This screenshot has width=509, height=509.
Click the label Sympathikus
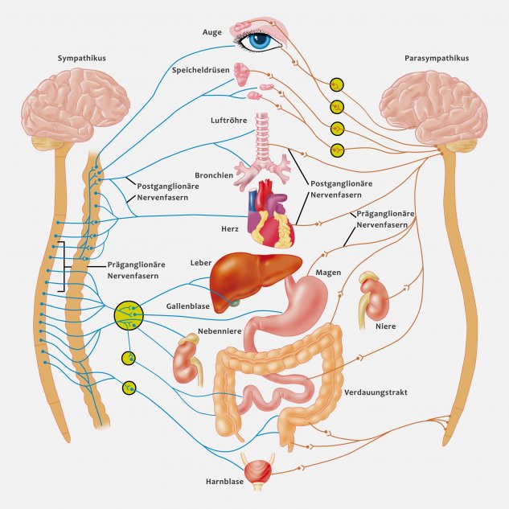click(82, 59)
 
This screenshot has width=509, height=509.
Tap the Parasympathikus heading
click(437, 59)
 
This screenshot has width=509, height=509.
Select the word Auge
click(212, 32)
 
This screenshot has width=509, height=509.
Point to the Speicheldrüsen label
click(200, 70)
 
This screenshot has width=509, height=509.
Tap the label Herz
click(230, 229)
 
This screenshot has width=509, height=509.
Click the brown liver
click(253, 279)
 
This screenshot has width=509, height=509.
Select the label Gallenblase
click(188, 306)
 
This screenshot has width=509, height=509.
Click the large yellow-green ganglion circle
click(129, 315)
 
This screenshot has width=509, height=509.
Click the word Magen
click(328, 273)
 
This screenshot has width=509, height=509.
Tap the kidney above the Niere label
click(374, 298)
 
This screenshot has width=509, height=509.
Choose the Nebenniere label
click(220, 331)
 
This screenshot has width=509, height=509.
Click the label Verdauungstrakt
click(376, 392)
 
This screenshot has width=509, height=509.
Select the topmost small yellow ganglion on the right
click(337, 85)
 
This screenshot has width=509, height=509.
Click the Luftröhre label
click(229, 121)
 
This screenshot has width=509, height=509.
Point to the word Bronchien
click(214, 175)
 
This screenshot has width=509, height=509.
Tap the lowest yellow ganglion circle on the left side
click(129, 388)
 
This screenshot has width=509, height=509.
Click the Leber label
click(201, 263)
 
